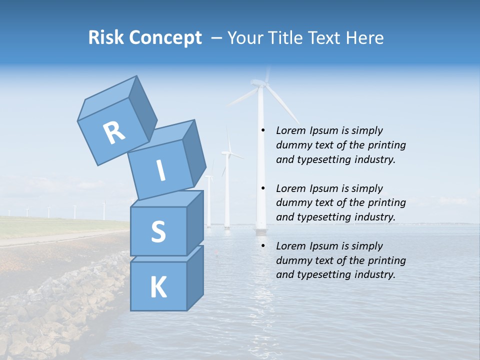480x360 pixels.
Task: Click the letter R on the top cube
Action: (x=114, y=133)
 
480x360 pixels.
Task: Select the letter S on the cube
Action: (x=158, y=232)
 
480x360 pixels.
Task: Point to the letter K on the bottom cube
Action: (x=158, y=287)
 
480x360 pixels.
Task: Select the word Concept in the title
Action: (x=165, y=38)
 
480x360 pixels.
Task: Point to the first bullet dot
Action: (x=262, y=130)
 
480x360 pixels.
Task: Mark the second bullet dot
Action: (x=262, y=188)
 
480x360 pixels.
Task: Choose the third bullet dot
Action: (x=262, y=246)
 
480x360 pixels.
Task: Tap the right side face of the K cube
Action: (x=195, y=277)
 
